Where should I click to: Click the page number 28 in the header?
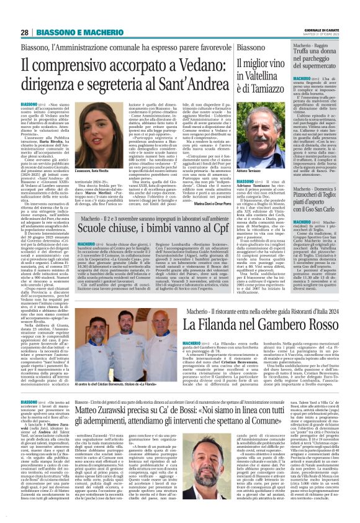pyautogui.click(x=24, y=32)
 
